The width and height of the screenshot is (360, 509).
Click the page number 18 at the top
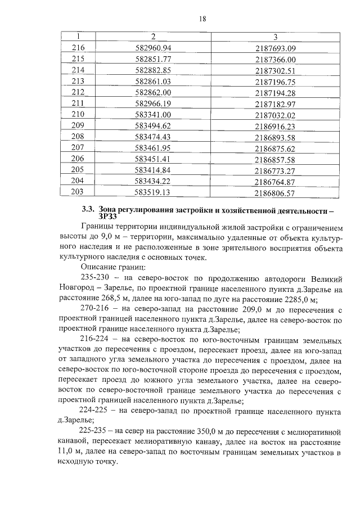point(203,19)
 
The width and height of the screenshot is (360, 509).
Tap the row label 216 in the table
point(78,48)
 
